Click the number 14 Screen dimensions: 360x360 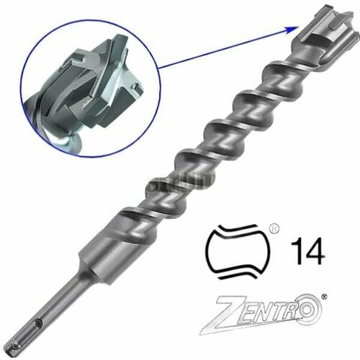tap(307, 255)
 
